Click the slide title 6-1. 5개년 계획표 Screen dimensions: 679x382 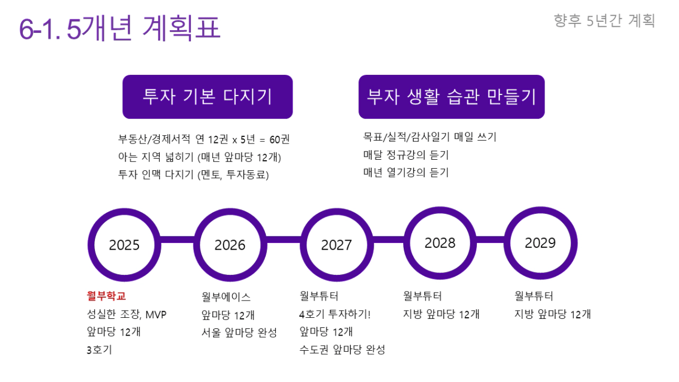coord(119,28)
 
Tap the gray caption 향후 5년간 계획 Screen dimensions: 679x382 coord(604,21)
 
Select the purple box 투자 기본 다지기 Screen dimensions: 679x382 coord(208,97)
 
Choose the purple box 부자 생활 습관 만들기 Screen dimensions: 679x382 coord(452,97)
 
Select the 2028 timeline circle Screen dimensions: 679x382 coord(440,211)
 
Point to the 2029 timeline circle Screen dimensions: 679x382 coord(541,211)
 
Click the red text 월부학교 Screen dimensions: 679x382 coord(107,296)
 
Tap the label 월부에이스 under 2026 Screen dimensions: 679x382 coord(226,297)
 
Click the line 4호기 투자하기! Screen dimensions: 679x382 coord(334,314)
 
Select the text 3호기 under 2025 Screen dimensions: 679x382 coord(99,350)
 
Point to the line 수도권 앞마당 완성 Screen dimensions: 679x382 coord(342,350)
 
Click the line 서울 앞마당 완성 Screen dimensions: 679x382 coord(240,332)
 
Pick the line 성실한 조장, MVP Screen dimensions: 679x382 coord(127,314)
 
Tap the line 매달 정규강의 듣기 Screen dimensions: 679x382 coord(406,155)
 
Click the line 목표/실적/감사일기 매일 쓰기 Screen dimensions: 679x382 coord(430,137)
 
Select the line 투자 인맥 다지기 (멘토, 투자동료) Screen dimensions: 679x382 coord(194,175)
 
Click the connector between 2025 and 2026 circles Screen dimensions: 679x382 coord(178,240)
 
